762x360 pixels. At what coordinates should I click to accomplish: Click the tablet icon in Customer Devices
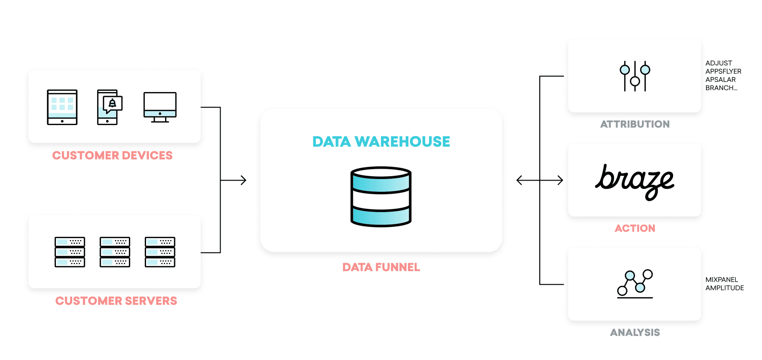pyautogui.click(x=62, y=107)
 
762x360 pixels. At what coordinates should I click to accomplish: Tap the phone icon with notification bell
pyautogui.click(x=109, y=107)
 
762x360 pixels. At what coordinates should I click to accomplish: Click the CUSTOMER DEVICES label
pyautogui.click(x=112, y=155)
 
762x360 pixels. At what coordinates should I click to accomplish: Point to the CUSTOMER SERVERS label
pyautogui.click(x=116, y=301)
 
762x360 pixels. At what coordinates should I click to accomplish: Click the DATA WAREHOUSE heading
pyautogui.click(x=381, y=142)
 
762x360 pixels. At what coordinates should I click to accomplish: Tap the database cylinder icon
pyautogui.click(x=381, y=196)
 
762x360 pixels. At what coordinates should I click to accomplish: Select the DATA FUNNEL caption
pyautogui.click(x=381, y=267)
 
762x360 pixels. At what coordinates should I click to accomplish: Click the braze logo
pyautogui.click(x=634, y=181)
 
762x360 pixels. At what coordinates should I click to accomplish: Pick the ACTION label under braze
pyautogui.click(x=635, y=228)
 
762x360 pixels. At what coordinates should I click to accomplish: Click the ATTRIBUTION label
pyautogui.click(x=635, y=124)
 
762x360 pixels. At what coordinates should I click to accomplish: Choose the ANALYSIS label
pyautogui.click(x=635, y=333)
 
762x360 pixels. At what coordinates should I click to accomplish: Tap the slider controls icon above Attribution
pyautogui.click(x=635, y=76)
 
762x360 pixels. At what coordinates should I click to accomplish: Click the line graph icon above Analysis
pyautogui.click(x=635, y=284)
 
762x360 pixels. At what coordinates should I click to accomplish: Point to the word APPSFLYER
pyautogui.click(x=723, y=71)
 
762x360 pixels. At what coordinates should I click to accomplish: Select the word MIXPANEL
pyautogui.click(x=722, y=280)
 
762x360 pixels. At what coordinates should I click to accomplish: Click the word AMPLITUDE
pyautogui.click(x=724, y=288)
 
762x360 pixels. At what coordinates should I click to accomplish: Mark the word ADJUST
pyautogui.click(x=718, y=63)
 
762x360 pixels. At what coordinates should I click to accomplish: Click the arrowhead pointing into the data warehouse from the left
pyautogui.click(x=243, y=180)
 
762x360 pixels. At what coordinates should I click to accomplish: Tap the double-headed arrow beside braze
pyautogui.click(x=539, y=180)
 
